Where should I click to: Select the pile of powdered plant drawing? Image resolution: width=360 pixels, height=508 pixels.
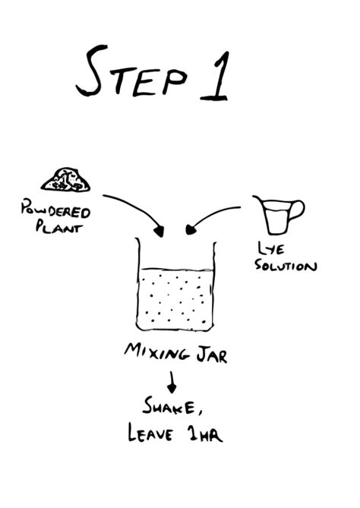(66, 180)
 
